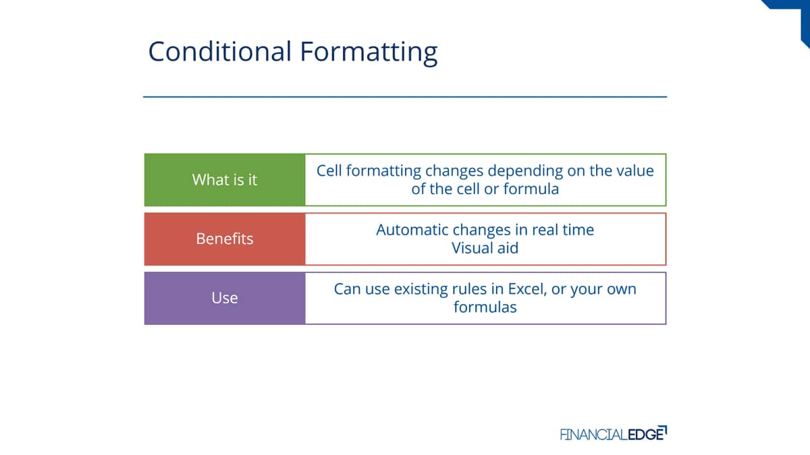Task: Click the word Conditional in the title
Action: (220, 51)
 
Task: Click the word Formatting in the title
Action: (369, 53)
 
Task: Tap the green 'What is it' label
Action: (225, 180)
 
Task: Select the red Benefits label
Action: (225, 239)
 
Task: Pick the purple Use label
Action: (225, 298)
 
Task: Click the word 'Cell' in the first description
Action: (329, 171)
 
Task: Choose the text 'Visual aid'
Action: (485, 248)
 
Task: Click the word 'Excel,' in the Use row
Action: (527, 289)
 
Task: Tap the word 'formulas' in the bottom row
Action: (485, 307)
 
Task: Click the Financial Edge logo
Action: (614, 433)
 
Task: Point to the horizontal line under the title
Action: (405, 97)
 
